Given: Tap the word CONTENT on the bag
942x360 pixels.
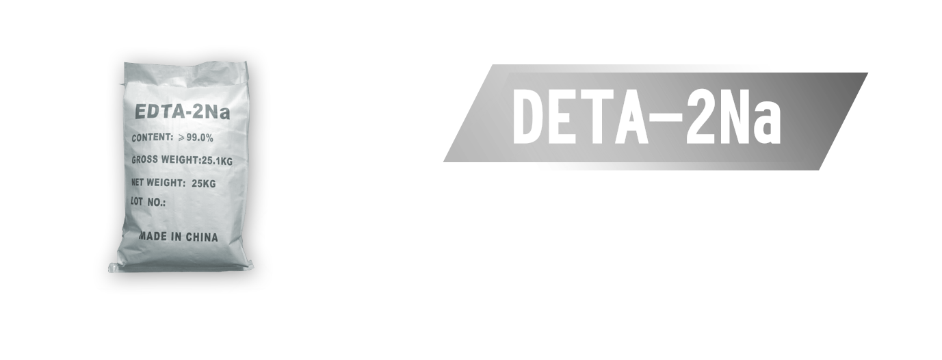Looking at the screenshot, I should click(152, 137).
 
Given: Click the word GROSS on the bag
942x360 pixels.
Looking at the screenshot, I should click(146, 159).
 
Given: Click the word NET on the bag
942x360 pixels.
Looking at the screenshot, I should click(140, 182).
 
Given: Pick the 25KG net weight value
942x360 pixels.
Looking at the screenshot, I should click(204, 183).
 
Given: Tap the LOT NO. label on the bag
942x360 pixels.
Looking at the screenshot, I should click(148, 202).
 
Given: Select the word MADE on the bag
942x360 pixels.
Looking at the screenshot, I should click(153, 236).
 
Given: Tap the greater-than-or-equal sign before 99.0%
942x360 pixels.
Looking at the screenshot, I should click(181, 138).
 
